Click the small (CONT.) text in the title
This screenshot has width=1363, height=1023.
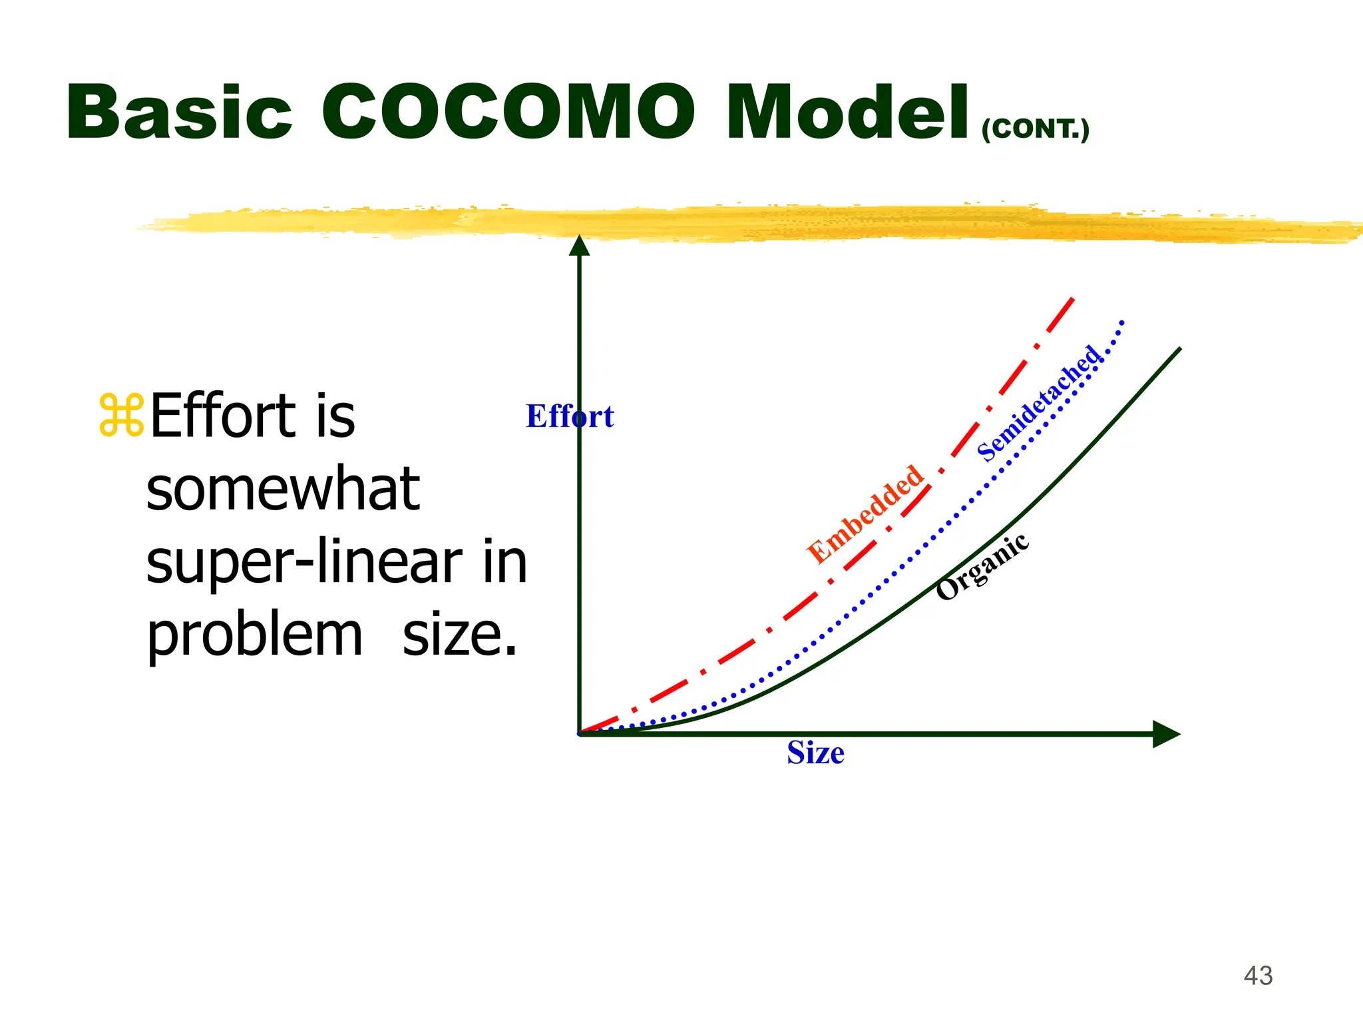[x=1036, y=129]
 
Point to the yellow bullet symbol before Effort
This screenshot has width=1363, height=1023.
[x=121, y=416]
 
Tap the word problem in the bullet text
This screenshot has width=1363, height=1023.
[x=254, y=635]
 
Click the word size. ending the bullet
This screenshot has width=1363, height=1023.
[x=459, y=635]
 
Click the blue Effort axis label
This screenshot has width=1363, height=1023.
[x=570, y=416]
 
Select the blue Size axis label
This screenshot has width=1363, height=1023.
[x=815, y=753]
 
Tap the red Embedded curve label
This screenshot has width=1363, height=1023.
[x=865, y=514]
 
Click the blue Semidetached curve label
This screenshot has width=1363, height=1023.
[x=1039, y=404]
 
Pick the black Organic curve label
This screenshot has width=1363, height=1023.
[x=982, y=567]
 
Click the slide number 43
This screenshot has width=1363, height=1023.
[x=1258, y=976]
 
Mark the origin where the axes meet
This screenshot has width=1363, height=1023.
[x=580, y=734]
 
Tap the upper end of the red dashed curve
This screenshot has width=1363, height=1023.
[x=1072, y=300]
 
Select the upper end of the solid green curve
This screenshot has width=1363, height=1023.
[x=1179, y=349]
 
